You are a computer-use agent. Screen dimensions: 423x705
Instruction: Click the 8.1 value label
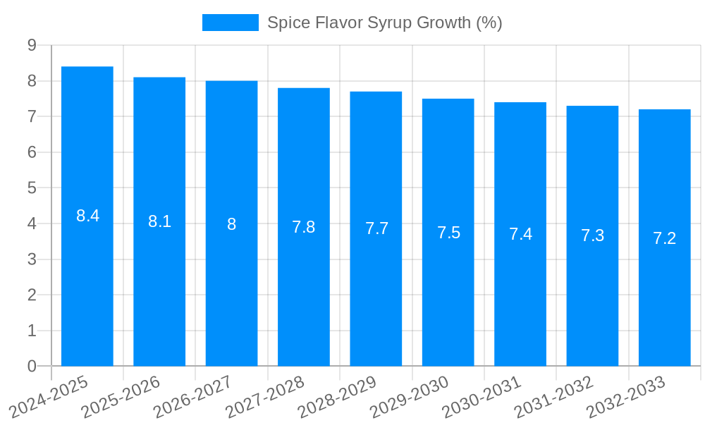[x=159, y=221]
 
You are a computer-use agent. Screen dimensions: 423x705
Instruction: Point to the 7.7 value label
[x=376, y=228]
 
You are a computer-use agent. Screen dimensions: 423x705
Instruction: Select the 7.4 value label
[x=520, y=234]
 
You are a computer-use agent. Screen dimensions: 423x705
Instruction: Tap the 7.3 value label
[x=592, y=235]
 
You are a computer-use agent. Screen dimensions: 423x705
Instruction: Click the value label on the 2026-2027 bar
[x=231, y=224]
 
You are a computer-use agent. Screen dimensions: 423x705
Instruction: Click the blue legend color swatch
[x=230, y=23]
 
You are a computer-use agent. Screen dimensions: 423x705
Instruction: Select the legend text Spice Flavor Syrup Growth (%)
[x=384, y=23]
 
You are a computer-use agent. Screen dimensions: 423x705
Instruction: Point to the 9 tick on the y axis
[x=32, y=45]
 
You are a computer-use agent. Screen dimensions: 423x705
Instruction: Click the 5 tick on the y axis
[x=32, y=188]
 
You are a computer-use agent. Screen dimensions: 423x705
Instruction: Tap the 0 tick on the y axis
[x=32, y=367]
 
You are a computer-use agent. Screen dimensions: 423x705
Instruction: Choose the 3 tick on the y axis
[x=32, y=259]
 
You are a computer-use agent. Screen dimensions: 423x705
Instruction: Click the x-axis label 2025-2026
[x=121, y=398]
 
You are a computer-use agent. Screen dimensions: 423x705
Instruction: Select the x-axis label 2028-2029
[x=338, y=398]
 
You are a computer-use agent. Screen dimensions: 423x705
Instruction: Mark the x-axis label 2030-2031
[x=482, y=398]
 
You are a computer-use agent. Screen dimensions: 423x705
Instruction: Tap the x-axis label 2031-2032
[x=554, y=398]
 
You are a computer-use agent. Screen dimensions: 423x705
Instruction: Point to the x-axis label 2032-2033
[x=626, y=398]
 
